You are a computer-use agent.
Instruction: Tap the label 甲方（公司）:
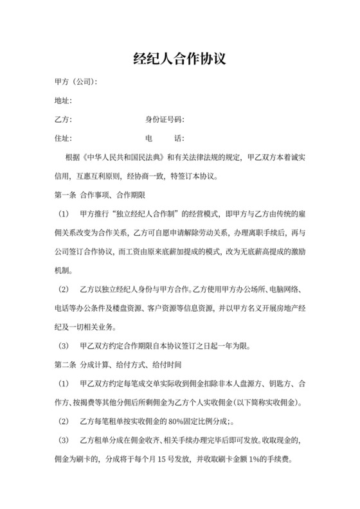coord(76,82)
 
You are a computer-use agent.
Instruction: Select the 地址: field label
coord(62,101)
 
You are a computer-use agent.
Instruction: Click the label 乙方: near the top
coord(62,120)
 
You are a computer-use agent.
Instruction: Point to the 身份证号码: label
coord(165,120)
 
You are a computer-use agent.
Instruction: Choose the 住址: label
coord(62,138)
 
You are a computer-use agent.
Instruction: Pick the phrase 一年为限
coord(230,346)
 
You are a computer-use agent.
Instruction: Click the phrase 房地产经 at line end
coord(292,308)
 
